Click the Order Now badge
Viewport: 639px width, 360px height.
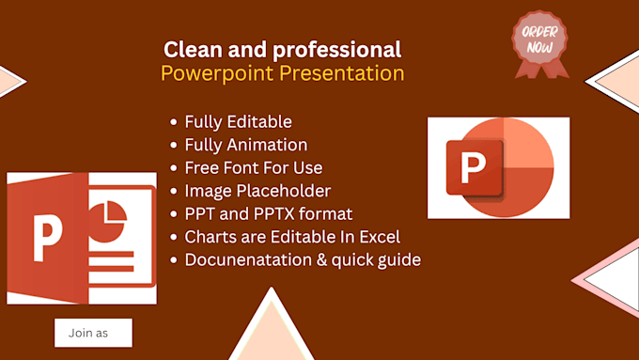(540, 44)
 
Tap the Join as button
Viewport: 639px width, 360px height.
(93, 333)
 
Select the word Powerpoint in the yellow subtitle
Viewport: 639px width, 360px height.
(217, 73)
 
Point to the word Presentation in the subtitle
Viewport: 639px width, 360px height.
(341, 73)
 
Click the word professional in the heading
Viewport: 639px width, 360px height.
(336, 50)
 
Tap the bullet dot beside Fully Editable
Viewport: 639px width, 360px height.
(174, 122)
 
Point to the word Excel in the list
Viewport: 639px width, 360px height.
(380, 237)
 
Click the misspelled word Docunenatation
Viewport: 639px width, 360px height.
(250, 259)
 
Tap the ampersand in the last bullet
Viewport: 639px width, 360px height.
(322, 259)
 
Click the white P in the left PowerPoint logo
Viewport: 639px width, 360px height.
(47, 238)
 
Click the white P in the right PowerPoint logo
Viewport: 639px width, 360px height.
(473, 167)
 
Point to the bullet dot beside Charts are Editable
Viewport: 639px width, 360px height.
(174, 237)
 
